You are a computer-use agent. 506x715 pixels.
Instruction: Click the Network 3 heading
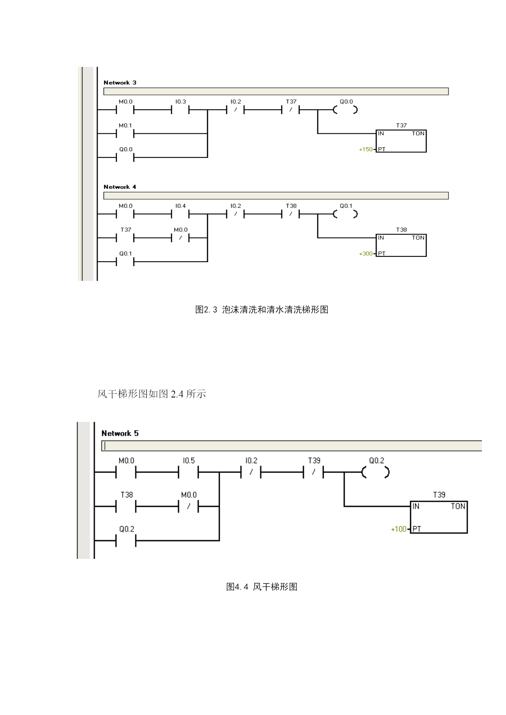click(120, 83)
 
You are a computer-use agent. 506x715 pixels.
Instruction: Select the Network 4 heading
click(120, 187)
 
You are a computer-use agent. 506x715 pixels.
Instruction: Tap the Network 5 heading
click(120, 433)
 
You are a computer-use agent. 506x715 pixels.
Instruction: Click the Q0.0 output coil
click(345, 110)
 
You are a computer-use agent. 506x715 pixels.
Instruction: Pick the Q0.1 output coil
click(345, 214)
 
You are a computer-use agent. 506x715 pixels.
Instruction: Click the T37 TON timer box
click(401, 141)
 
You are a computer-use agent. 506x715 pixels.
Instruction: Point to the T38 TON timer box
click(401, 245)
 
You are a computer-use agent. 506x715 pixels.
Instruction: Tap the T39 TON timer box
click(439, 517)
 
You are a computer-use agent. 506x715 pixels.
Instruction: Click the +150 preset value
click(366, 150)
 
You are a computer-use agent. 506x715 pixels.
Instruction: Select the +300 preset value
click(366, 254)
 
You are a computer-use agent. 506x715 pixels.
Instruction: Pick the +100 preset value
click(398, 529)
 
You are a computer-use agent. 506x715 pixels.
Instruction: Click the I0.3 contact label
click(181, 102)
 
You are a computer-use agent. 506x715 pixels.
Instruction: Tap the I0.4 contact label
click(181, 206)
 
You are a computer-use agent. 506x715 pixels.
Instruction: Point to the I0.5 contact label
click(189, 461)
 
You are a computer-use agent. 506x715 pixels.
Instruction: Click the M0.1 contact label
click(126, 126)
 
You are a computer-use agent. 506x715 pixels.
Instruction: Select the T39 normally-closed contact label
click(314, 461)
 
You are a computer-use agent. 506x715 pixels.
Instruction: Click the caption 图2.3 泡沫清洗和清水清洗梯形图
click(262, 310)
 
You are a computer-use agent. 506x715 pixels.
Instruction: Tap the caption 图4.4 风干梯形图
click(262, 587)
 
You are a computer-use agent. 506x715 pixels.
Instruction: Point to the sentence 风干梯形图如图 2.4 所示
click(152, 394)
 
